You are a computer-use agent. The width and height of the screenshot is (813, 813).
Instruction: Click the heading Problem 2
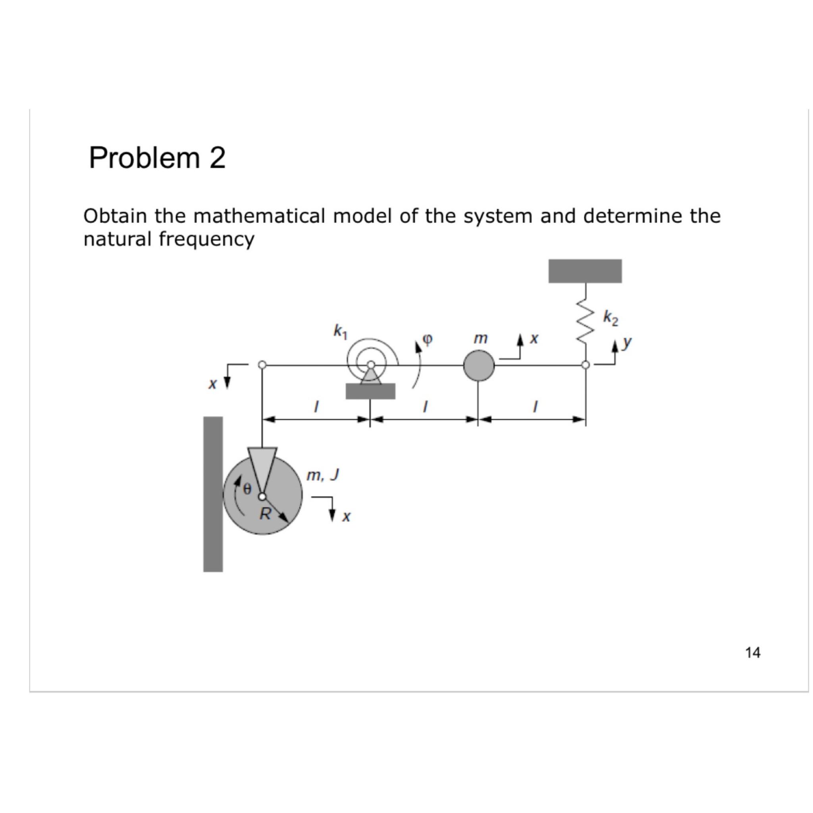pyautogui.click(x=157, y=158)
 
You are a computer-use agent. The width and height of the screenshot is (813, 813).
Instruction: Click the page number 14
pyautogui.click(x=752, y=653)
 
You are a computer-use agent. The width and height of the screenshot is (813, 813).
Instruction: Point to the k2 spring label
pyautogui.click(x=611, y=318)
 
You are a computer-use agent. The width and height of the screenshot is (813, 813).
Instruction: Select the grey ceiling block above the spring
pyautogui.click(x=585, y=271)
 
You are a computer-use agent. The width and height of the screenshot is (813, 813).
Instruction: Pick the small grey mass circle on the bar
pyautogui.click(x=479, y=366)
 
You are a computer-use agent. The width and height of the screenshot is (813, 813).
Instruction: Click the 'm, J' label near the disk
pyautogui.click(x=323, y=476)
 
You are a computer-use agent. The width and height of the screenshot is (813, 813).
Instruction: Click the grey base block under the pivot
pyautogui.click(x=370, y=391)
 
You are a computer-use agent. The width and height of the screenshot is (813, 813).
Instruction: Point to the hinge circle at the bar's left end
pyautogui.click(x=262, y=365)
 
